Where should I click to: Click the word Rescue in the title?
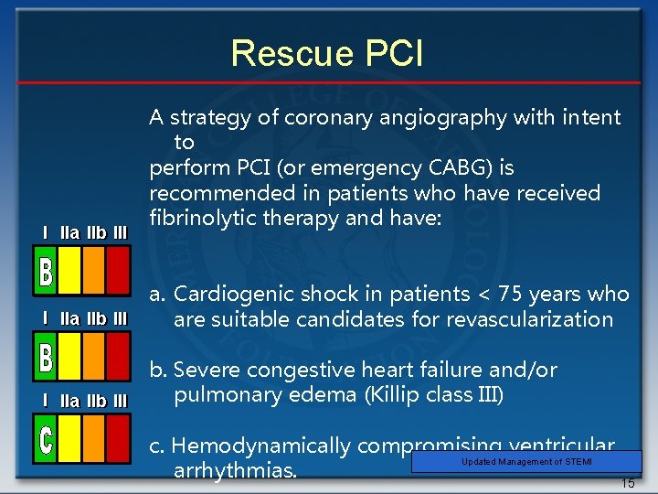point(287,53)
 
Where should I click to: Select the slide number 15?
point(627,483)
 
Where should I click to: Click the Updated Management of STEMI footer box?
point(526,462)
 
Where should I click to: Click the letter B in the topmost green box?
point(47,272)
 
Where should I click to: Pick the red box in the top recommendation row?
point(118,272)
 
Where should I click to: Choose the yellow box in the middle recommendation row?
point(70,355)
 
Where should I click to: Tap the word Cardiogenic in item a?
point(232,294)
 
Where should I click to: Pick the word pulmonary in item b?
point(219,395)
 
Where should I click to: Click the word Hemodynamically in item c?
point(260,446)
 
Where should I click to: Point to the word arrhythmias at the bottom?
point(234,471)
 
